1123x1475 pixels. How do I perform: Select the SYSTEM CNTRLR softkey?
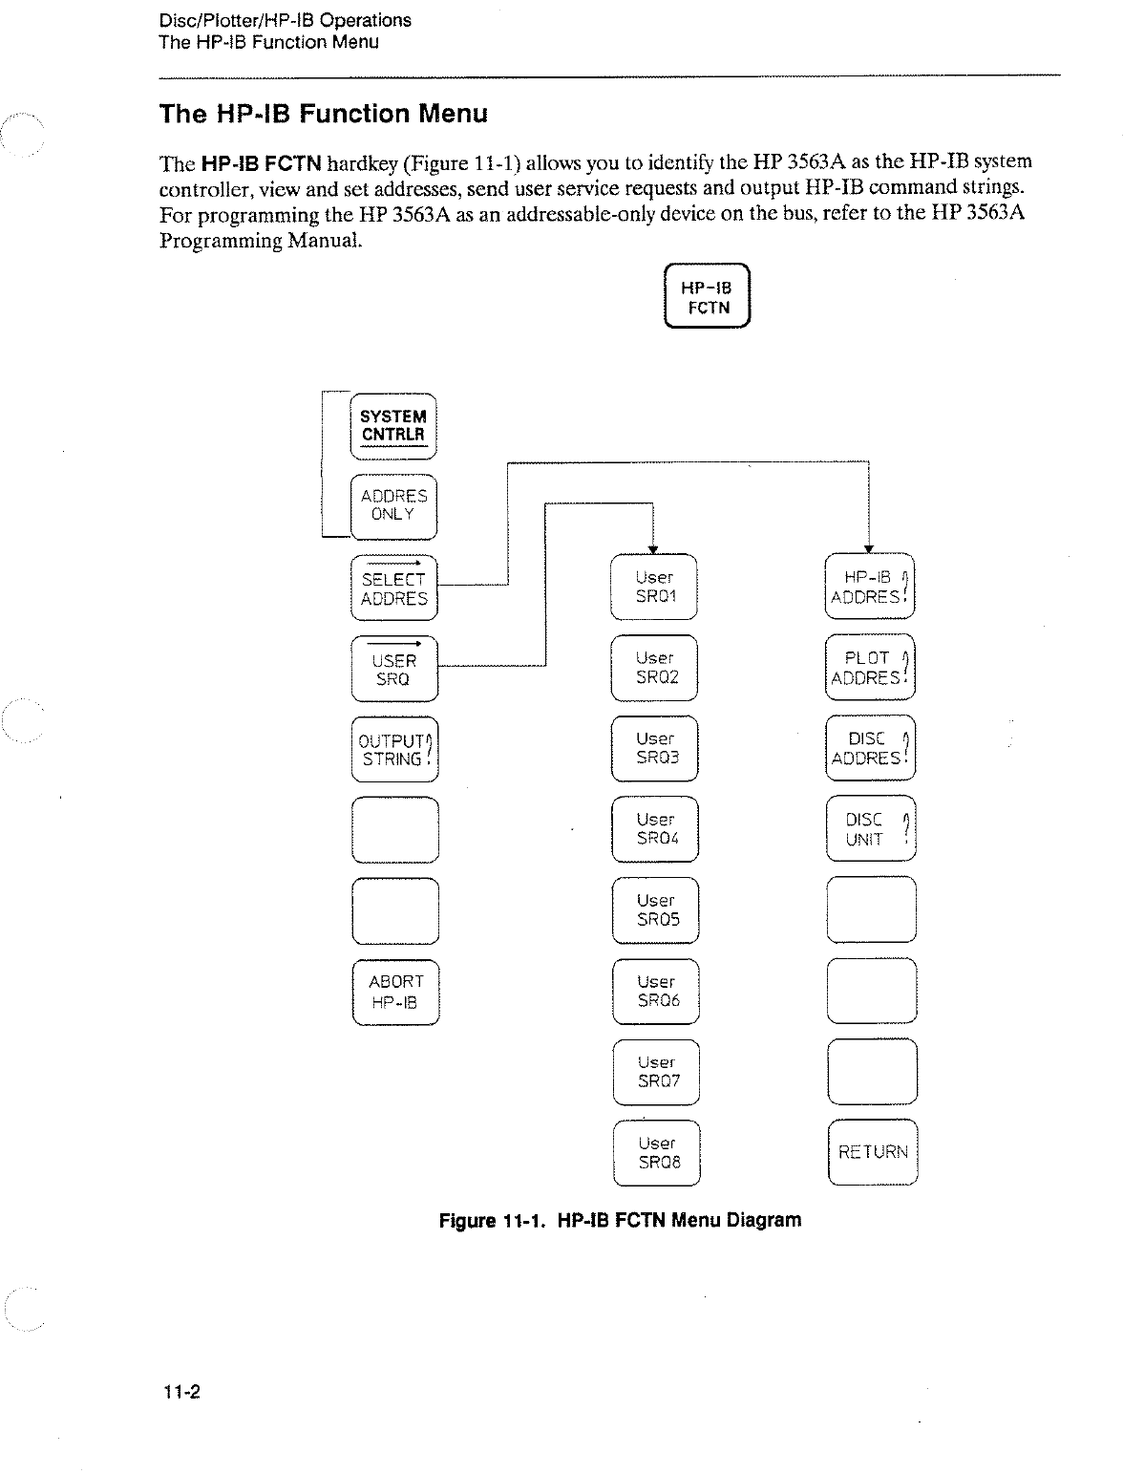tap(393, 426)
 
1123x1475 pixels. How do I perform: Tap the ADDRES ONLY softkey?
tap(393, 505)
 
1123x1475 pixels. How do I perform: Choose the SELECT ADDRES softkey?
tap(393, 588)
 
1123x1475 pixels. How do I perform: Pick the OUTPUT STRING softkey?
tap(393, 750)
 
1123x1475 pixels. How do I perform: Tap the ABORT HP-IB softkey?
tap(395, 992)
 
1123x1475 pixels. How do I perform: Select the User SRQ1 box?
tap(655, 588)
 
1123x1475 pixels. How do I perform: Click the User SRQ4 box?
tap(655, 829)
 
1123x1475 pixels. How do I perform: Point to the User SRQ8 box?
tap(657, 1153)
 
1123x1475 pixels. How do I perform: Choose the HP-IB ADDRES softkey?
tap(870, 588)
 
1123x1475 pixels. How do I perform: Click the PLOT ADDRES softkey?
tap(870, 669)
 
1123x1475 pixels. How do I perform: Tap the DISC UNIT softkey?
tap(870, 830)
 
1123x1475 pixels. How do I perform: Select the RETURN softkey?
tap(873, 1152)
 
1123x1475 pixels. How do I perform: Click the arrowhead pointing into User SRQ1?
tap(652, 548)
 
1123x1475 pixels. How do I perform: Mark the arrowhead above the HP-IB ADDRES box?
tap(868, 548)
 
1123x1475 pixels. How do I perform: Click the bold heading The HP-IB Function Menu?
tap(324, 115)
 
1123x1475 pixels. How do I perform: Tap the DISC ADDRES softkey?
tap(870, 749)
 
